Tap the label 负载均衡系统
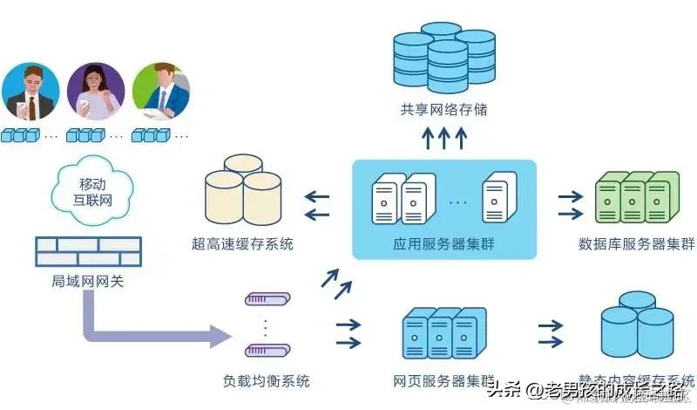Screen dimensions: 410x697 pyautogui.click(x=266, y=381)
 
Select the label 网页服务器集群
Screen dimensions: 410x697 pyautogui.click(x=443, y=381)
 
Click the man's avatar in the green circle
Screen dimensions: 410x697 pyautogui.click(x=159, y=92)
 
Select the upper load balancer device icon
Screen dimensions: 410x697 pyautogui.click(x=266, y=300)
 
